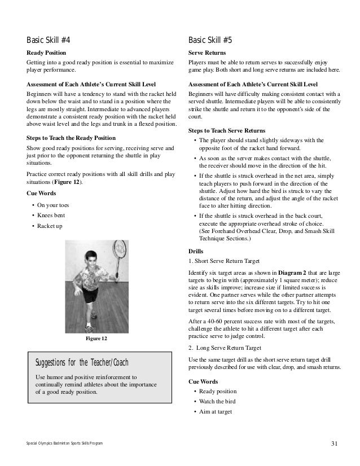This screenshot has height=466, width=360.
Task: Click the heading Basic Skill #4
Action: pos(49,40)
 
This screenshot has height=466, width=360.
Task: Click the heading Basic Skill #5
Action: pos(210,40)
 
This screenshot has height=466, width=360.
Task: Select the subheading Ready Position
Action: pos(47,52)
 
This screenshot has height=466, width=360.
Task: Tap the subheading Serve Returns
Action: pos(208,52)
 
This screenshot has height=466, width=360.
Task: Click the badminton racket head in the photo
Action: pos(120,248)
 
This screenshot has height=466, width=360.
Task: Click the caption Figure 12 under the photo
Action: pos(96,338)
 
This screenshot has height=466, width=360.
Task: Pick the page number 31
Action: pos(333,442)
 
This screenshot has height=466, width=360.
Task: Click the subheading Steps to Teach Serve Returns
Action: pos(226,130)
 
